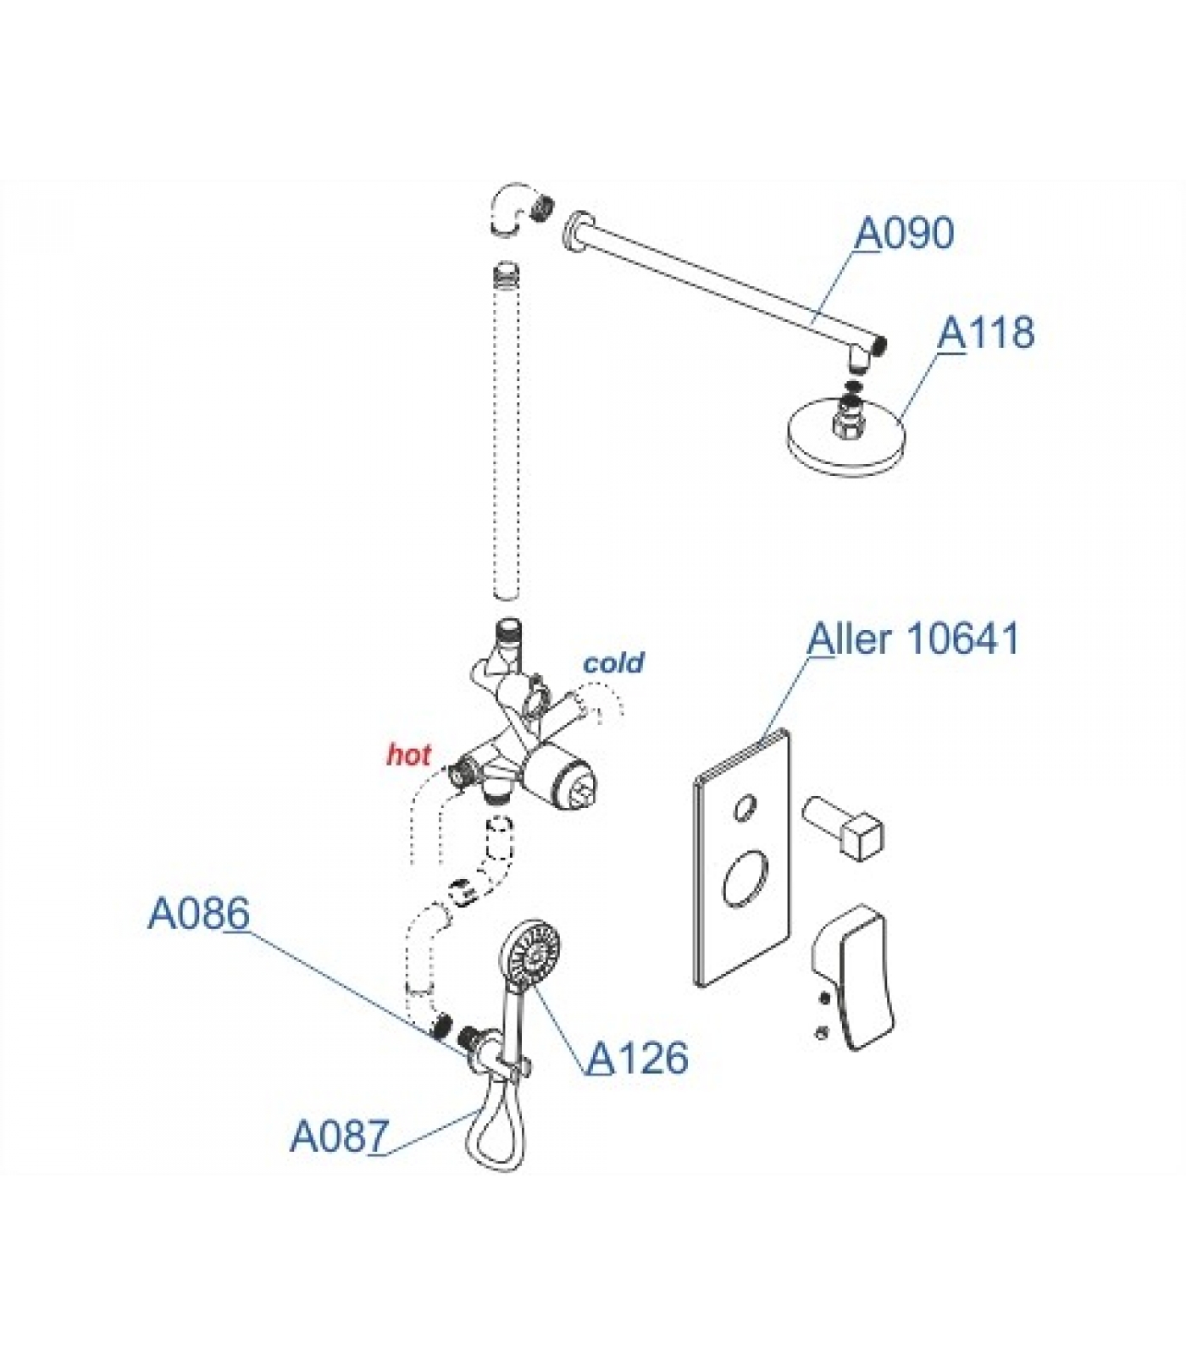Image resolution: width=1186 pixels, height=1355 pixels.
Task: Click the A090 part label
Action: click(x=904, y=234)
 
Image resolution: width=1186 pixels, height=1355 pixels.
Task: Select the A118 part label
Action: click(x=985, y=333)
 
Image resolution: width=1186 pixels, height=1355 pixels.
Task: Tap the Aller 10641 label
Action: click(x=913, y=639)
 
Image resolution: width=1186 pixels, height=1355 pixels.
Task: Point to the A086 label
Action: click(x=199, y=914)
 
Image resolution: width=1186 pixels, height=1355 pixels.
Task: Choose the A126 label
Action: click(x=638, y=1058)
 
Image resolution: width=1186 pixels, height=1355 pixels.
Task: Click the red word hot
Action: click(x=408, y=755)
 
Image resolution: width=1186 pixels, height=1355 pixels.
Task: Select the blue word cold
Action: click(x=613, y=662)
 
